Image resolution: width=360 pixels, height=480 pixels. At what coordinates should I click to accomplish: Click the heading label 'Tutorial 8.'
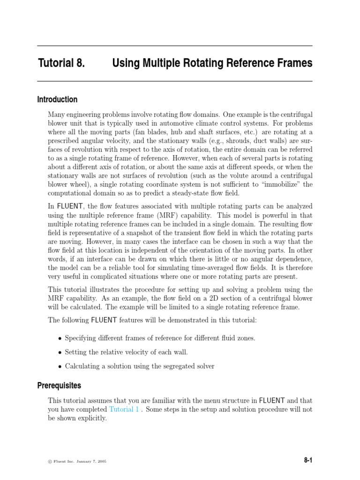pyautogui.click(x=61, y=63)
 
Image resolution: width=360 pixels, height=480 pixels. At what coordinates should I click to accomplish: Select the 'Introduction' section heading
pyautogui.click(x=57, y=99)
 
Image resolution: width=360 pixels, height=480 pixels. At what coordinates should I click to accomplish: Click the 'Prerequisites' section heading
pyautogui.click(x=59, y=385)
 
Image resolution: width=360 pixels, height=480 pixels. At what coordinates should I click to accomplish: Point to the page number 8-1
pyautogui.click(x=308, y=461)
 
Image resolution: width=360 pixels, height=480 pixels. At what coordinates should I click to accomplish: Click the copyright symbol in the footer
pyautogui.click(x=50, y=461)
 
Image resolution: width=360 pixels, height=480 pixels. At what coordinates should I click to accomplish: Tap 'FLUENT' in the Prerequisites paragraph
pyautogui.click(x=272, y=400)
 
